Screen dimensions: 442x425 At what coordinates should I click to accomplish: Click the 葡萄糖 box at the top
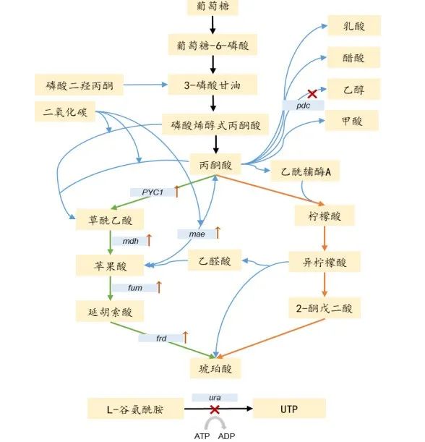212,8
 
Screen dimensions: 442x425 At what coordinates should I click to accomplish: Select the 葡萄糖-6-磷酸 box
212,44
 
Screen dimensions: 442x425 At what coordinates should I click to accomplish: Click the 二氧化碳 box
64,112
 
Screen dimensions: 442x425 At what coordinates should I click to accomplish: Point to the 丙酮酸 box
215,166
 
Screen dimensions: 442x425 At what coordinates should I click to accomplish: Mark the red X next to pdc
312,93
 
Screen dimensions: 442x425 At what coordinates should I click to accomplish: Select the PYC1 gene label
153,192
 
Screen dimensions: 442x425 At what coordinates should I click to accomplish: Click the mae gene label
197,234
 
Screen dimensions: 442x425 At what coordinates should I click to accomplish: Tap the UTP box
289,409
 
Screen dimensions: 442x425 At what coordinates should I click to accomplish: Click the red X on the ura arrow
215,409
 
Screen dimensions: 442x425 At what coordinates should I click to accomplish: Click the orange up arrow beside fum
159,286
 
